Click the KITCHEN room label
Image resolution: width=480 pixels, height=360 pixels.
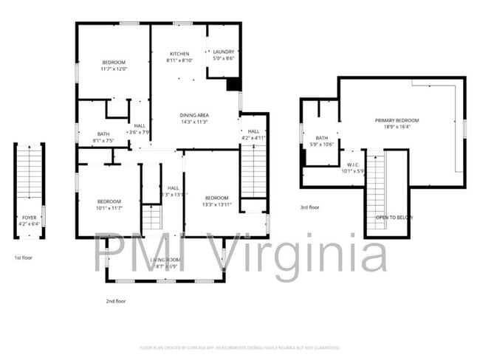[179, 54]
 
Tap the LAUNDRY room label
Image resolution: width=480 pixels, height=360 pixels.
[223, 52]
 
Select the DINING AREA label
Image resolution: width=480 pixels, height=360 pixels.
[194, 115]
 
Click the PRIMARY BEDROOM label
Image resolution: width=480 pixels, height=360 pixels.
[397, 120]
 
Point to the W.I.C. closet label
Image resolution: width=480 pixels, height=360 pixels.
[352, 164]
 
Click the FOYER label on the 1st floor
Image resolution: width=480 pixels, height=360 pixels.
[29, 218]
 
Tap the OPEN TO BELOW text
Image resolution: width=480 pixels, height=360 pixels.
[394, 218]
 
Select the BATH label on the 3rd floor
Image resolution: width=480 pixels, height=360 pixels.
[321, 138]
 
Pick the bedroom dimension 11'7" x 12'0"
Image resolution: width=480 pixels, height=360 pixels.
[114, 69]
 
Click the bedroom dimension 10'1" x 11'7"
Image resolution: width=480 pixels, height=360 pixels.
[109, 208]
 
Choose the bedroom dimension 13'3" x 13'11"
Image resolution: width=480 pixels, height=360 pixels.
[216, 204]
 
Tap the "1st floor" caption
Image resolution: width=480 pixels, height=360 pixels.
[24, 257]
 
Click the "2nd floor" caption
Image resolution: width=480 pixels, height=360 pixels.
[115, 301]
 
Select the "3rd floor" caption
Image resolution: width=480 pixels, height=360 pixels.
[309, 207]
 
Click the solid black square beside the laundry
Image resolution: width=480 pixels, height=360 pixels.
[233, 84]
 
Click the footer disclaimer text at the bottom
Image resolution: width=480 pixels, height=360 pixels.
[240, 347]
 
